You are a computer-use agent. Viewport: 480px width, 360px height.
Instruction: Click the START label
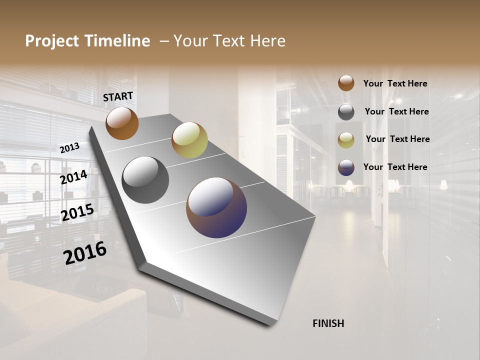(118, 96)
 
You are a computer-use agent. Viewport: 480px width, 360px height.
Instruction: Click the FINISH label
(328, 323)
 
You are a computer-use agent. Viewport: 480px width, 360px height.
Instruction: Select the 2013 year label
(69, 147)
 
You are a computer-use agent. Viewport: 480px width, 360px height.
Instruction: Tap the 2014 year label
(73, 177)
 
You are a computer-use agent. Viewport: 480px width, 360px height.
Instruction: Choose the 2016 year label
(85, 253)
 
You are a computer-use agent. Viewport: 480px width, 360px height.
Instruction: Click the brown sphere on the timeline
(122, 123)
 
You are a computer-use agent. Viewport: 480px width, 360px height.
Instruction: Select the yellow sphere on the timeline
(189, 140)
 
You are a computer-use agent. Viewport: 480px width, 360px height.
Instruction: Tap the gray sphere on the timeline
(145, 180)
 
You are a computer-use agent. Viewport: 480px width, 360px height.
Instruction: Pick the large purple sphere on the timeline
(216, 207)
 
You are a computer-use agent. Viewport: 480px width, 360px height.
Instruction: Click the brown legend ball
(346, 83)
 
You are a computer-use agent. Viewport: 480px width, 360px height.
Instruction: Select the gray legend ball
(346, 112)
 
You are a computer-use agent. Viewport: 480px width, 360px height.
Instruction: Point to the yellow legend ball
(346, 140)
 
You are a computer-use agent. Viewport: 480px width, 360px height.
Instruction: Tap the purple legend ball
(346, 167)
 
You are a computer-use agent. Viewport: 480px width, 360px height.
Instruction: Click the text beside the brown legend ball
(395, 83)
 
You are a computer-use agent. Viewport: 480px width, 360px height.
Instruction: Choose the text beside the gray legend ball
(396, 111)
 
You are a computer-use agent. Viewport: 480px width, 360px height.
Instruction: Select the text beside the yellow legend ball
(397, 139)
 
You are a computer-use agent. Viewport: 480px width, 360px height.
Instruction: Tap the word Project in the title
(52, 41)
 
